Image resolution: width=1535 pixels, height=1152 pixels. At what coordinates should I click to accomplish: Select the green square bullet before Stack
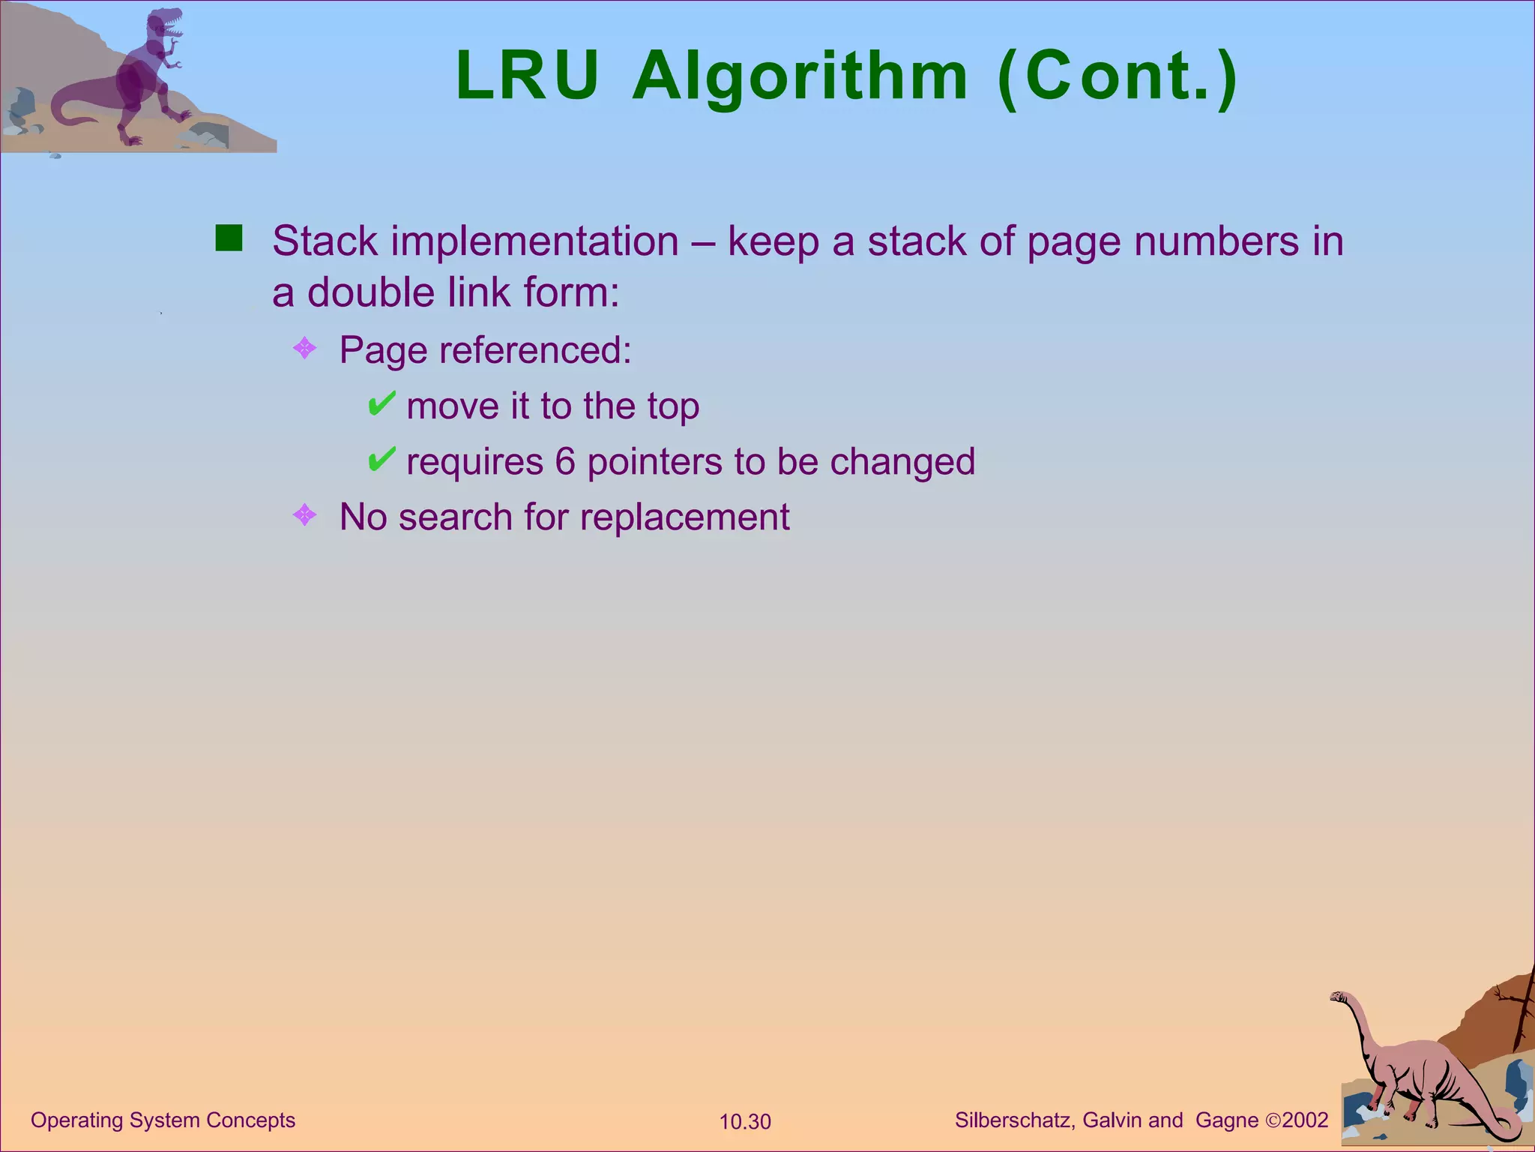229,238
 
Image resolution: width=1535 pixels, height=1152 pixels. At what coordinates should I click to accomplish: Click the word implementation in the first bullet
534,241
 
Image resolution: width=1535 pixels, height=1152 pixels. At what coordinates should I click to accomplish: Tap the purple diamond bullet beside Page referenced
304,348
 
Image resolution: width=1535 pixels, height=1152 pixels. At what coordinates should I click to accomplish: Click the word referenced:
535,350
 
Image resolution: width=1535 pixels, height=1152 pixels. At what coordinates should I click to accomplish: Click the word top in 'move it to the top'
673,407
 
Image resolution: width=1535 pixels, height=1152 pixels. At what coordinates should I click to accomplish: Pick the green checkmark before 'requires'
381,459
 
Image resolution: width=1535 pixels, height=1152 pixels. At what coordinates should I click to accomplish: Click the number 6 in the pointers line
565,461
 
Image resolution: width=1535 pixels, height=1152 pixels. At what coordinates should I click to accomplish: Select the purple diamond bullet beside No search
304,515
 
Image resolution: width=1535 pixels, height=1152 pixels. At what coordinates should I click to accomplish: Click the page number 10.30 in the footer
745,1122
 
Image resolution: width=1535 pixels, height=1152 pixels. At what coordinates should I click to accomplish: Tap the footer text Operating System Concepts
163,1120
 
